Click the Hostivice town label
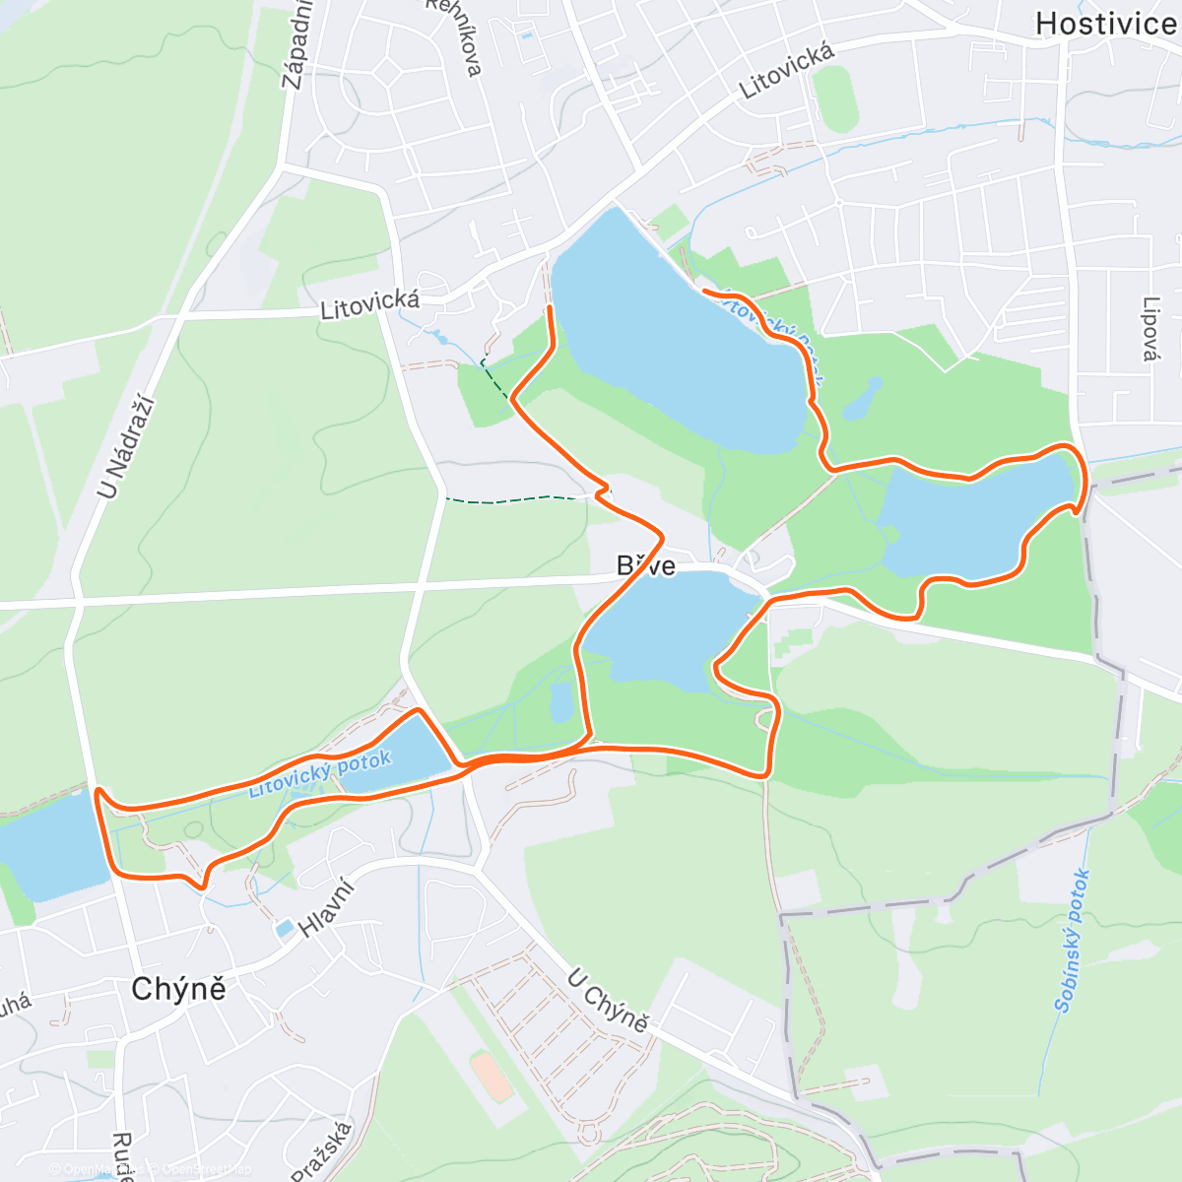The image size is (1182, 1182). coord(1105,24)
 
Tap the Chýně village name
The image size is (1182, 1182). coord(179,988)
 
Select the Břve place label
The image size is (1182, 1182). coord(646,565)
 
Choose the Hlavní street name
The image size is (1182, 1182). coord(326,908)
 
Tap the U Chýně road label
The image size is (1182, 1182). coord(608,1001)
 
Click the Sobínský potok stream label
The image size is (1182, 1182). coord(1072,941)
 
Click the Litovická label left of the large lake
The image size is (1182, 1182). coord(370,305)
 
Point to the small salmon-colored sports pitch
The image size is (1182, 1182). coord(491,1077)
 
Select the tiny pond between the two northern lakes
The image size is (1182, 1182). coord(863,399)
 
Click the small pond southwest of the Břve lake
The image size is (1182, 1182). coord(560,702)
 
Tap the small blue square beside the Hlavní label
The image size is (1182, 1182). coord(285,928)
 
